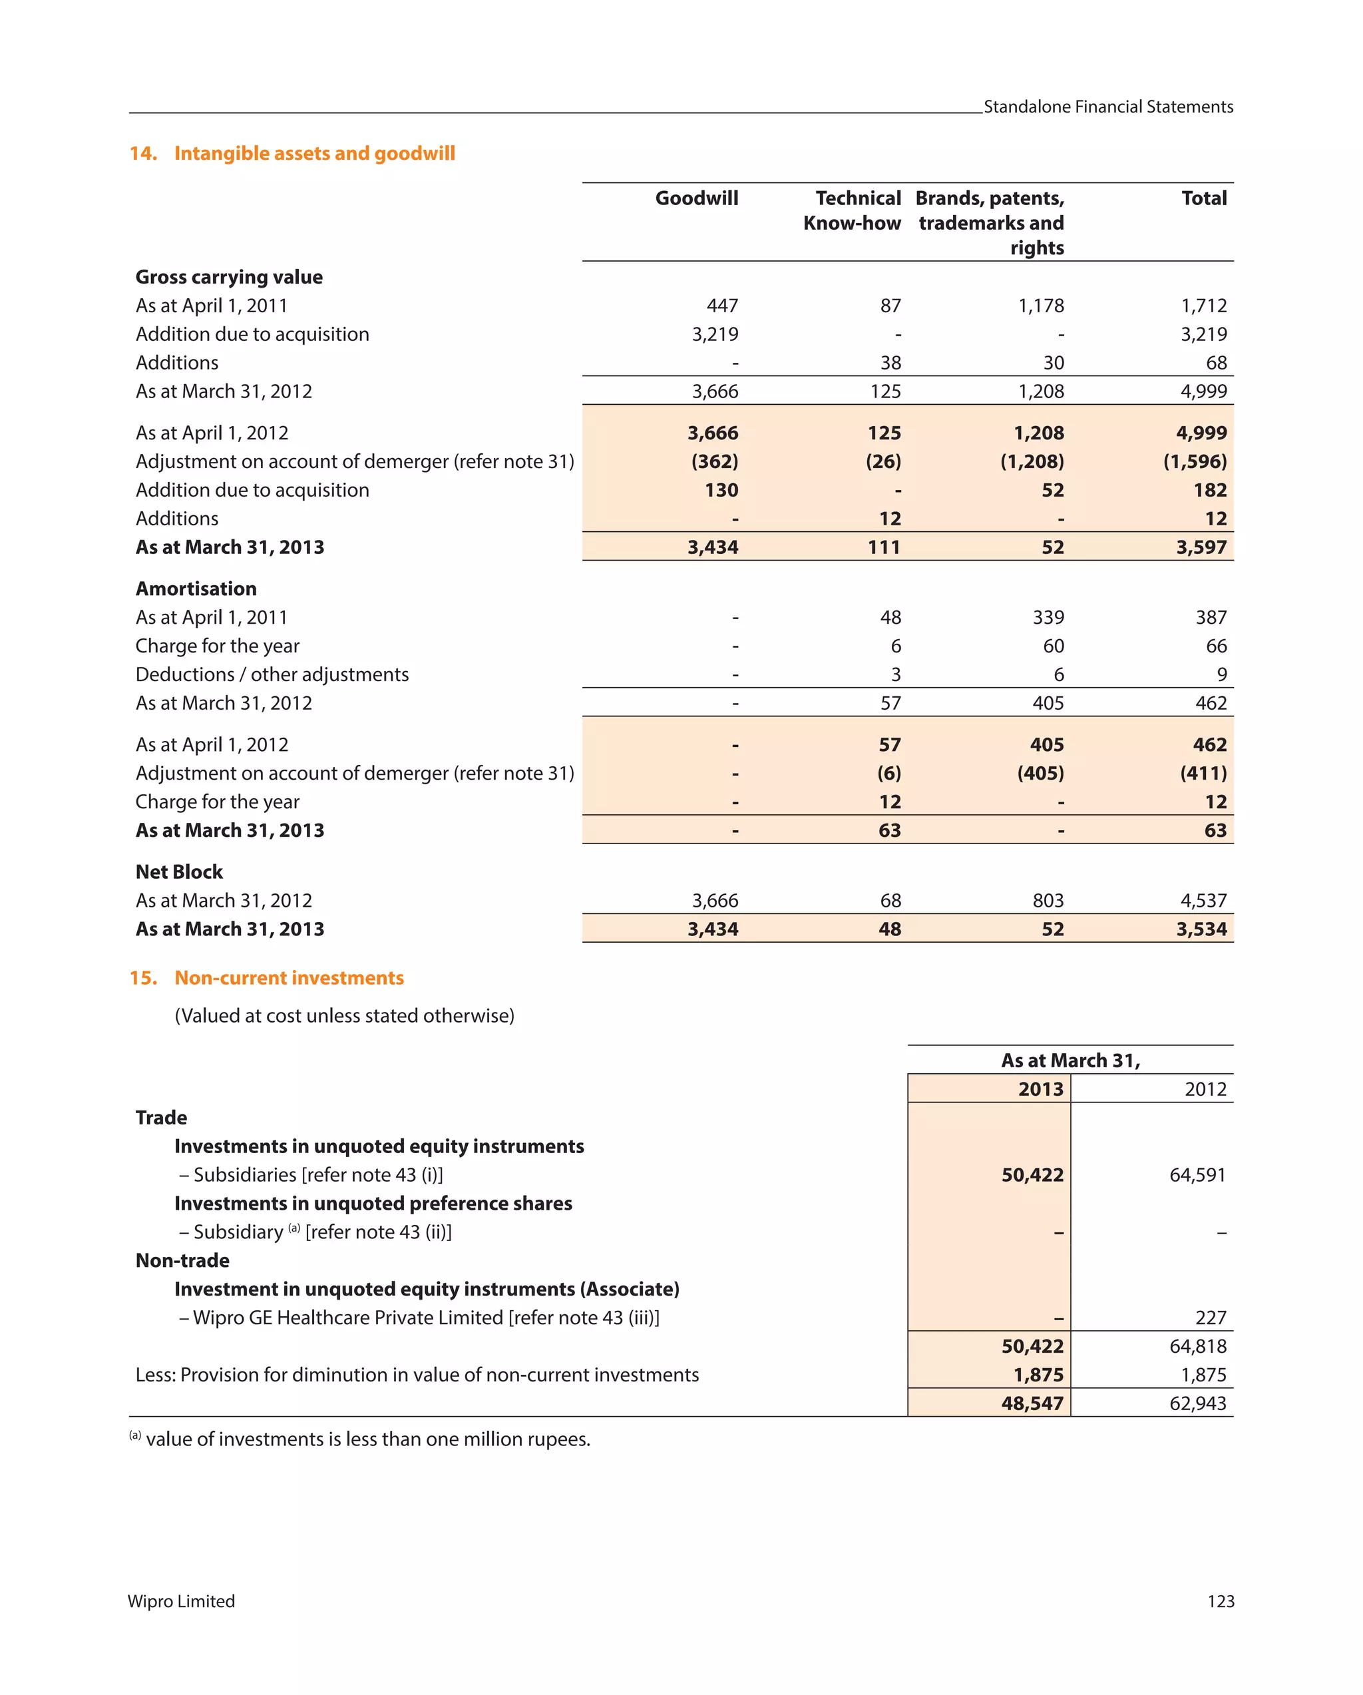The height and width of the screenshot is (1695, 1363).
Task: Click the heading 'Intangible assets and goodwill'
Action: tap(313, 153)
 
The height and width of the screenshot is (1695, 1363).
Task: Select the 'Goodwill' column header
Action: tap(695, 198)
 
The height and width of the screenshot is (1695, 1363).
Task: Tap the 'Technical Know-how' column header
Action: tap(851, 210)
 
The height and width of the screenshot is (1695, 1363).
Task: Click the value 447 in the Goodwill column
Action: tap(721, 306)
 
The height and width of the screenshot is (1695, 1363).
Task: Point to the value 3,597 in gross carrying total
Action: tap(1201, 547)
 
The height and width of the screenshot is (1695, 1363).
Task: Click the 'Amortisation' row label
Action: tap(196, 589)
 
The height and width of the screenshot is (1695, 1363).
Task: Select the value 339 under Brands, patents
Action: tap(1047, 617)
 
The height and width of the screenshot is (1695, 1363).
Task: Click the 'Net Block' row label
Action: tap(179, 872)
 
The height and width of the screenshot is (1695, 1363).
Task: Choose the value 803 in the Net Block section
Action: tap(1047, 900)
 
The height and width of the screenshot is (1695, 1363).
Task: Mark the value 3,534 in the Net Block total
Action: tap(1201, 929)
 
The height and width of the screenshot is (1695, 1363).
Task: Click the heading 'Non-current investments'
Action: tap(288, 978)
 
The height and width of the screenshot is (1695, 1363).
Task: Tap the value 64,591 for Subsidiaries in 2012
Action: tap(1197, 1174)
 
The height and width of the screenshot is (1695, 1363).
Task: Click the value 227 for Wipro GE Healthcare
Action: tap(1210, 1318)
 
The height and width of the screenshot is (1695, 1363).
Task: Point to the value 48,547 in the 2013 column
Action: tap(1032, 1403)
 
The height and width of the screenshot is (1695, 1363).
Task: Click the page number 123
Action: tap(1220, 1601)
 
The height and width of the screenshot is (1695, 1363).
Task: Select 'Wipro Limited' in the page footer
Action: tap(182, 1601)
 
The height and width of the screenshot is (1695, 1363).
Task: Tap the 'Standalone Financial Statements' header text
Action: tap(1107, 107)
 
